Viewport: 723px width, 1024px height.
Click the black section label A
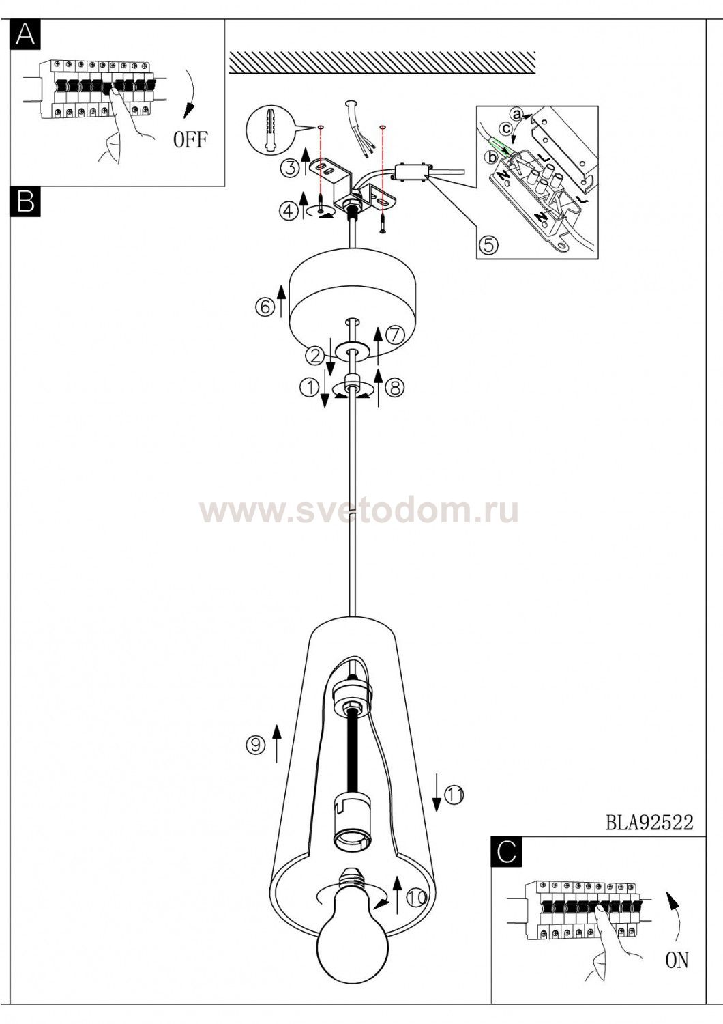click(x=25, y=34)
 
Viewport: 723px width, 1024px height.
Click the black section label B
click(x=25, y=201)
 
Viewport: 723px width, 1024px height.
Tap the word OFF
click(x=190, y=139)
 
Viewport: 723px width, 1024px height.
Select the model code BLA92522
click(x=649, y=823)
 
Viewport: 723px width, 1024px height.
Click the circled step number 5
click(x=488, y=245)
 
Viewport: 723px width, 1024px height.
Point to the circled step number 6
click(x=265, y=307)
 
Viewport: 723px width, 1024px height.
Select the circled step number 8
click(x=395, y=388)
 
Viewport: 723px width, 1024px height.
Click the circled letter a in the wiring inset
click(x=516, y=114)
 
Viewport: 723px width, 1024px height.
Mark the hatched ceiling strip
click(x=382, y=62)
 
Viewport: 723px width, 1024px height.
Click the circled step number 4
click(x=289, y=210)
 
